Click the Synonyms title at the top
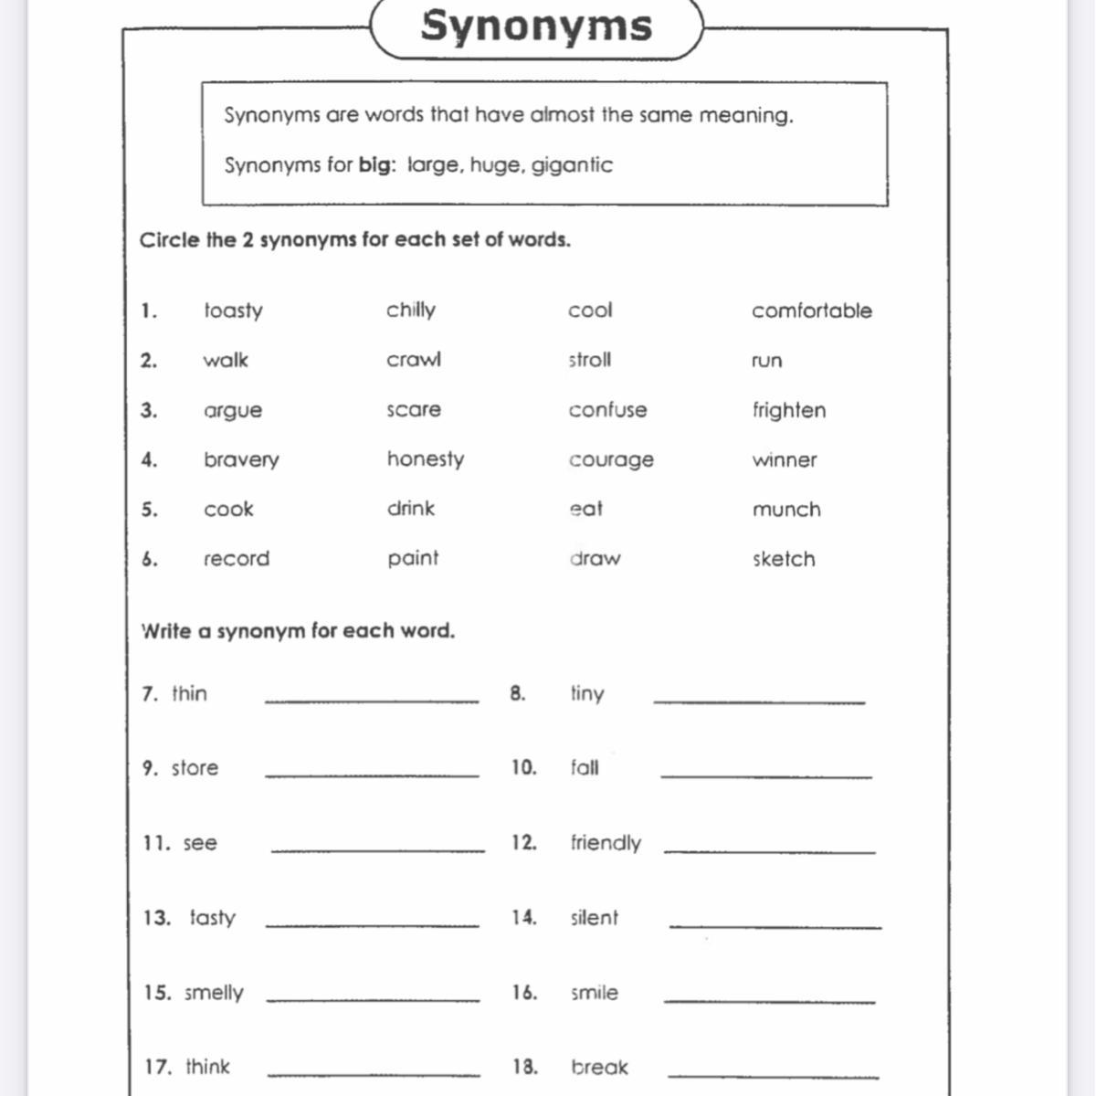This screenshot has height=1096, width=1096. coord(536,26)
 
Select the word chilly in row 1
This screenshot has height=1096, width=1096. coord(411,311)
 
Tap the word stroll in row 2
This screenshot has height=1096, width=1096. coord(590,360)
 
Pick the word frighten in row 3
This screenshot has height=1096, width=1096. coord(789,410)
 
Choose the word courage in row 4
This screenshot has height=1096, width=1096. coord(611,460)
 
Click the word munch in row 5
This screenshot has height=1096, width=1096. coord(786,510)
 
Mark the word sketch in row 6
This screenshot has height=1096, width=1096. coord(784,559)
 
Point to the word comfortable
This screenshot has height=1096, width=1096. coord(812,311)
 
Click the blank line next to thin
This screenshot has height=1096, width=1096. coord(372,700)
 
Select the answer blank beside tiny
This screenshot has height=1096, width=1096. coord(759,701)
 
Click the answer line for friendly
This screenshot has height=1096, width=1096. coord(769,850)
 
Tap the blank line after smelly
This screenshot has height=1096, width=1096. coord(373,999)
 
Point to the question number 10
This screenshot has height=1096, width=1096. coord(523,768)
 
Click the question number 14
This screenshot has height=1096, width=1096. coord(523,918)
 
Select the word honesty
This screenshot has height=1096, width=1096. coord(426,459)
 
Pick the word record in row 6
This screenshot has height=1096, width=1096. coord(237,559)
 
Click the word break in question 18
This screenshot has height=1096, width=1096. coord(599,1067)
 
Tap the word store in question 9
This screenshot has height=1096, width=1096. coord(195,768)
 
